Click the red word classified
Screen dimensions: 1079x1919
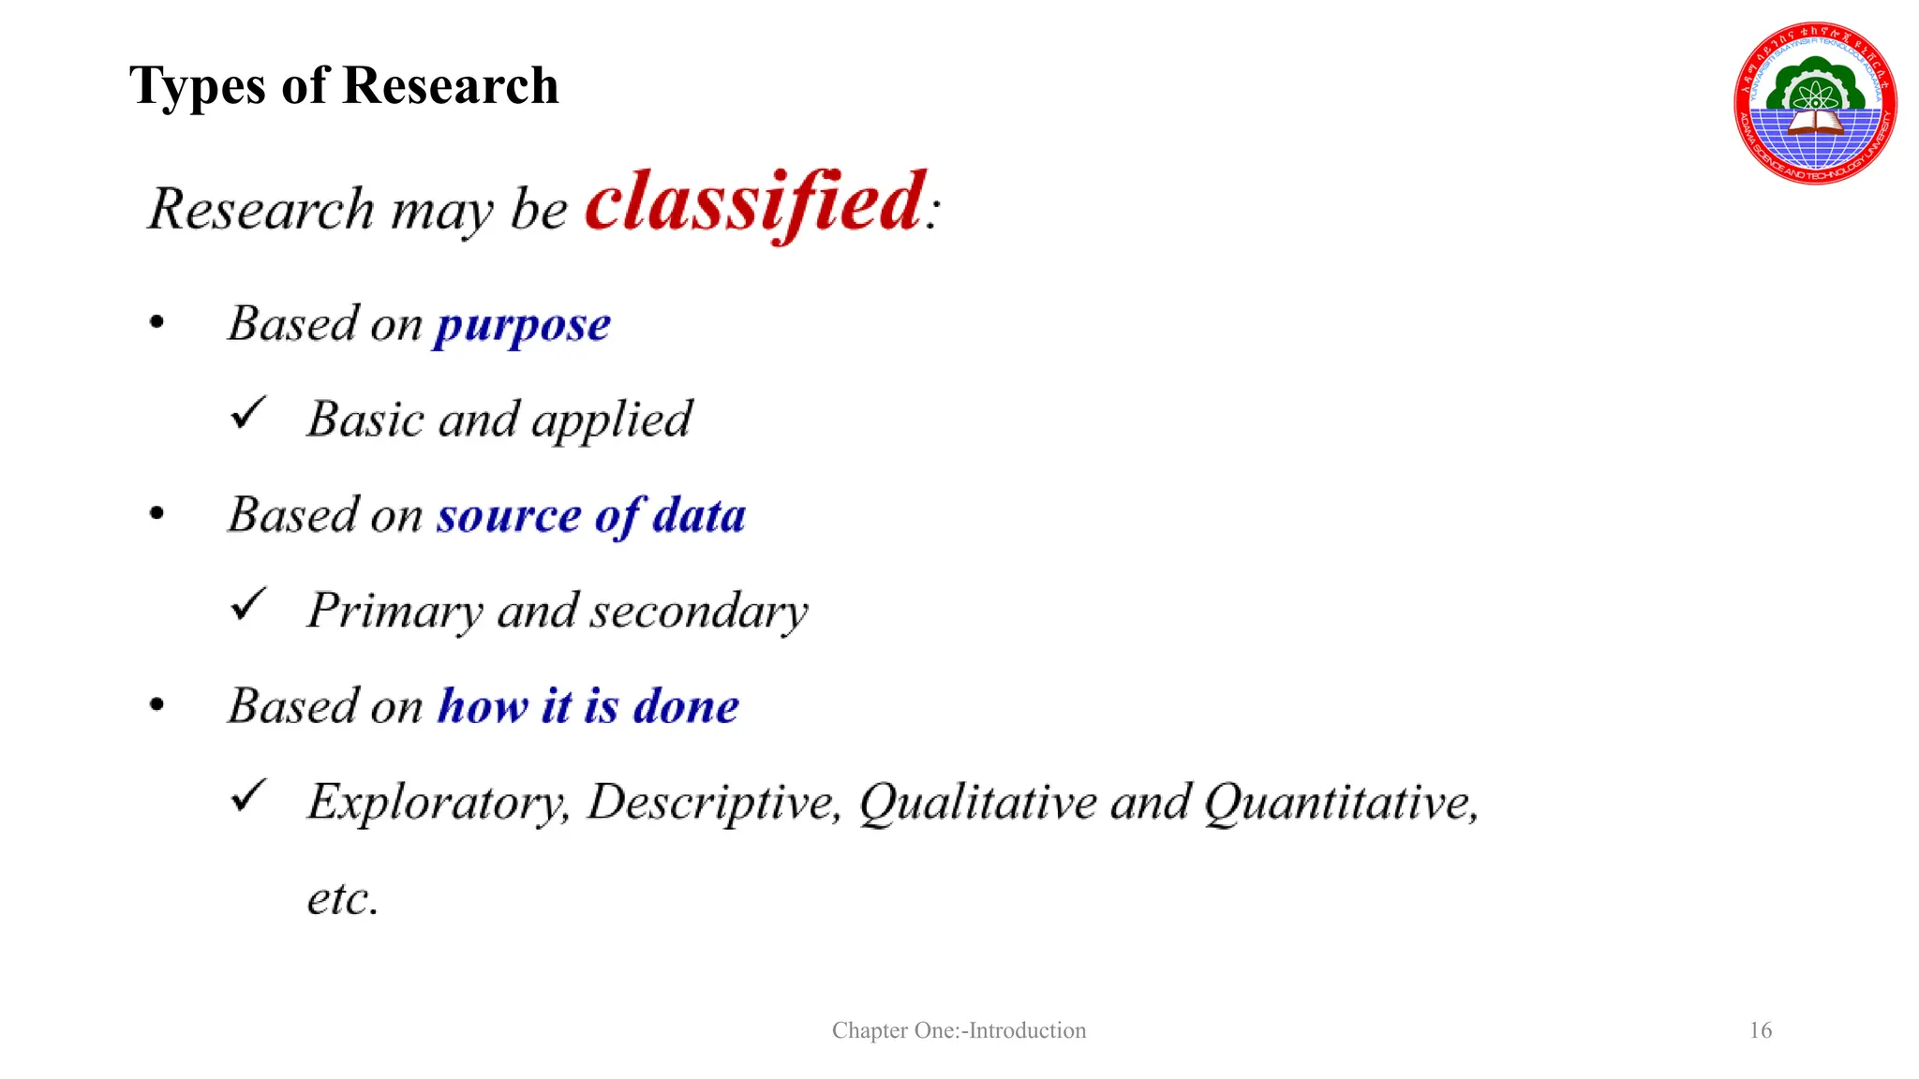[x=755, y=202]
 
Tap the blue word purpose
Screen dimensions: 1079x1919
[x=522, y=326]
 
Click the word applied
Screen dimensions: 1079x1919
[x=612, y=420]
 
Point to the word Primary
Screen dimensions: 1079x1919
[x=394, y=612]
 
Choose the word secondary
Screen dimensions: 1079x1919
[x=698, y=612]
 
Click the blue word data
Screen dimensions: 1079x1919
[x=699, y=516]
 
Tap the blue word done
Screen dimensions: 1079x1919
[x=687, y=706]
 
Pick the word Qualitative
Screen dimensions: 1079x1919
[x=977, y=803]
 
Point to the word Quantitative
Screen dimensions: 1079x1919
[x=1341, y=803]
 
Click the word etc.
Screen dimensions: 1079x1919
[x=343, y=898]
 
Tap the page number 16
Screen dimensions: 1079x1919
[x=1761, y=1030]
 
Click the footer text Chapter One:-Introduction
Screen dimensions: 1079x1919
[x=959, y=1030]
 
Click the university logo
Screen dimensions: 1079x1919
[x=1815, y=103]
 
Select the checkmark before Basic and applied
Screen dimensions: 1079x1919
[x=248, y=413]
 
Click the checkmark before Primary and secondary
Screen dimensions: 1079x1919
[x=248, y=605]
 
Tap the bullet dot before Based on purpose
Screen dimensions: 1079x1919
[x=156, y=323]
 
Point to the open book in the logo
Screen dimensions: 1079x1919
[x=1815, y=121]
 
